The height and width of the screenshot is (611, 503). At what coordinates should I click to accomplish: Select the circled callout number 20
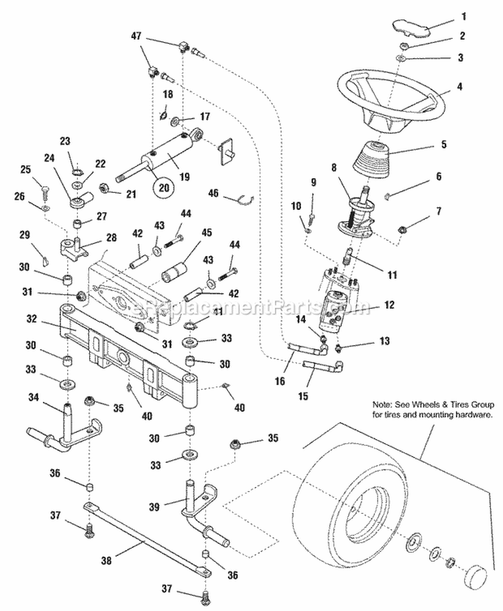(161, 188)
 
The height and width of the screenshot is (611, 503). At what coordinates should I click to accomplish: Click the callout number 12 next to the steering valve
(388, 305)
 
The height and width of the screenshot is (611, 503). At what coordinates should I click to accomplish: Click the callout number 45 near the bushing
(207, 232)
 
